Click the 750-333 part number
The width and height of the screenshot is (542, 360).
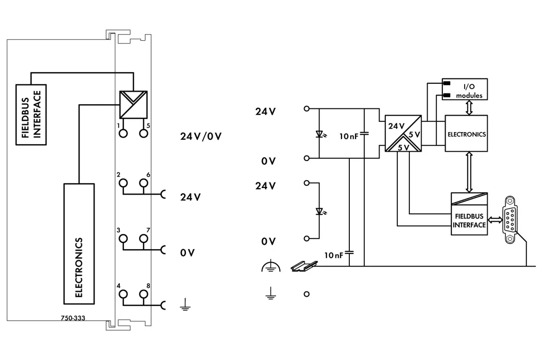[73, 318]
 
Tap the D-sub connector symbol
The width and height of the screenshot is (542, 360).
[510, 220]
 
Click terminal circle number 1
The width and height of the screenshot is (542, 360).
[123, 133]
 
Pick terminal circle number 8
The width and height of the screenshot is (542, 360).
[144, 294]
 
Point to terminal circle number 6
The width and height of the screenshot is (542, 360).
[144, 183]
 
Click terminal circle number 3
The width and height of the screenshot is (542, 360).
[123, 238]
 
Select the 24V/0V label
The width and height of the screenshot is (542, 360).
[201, 136]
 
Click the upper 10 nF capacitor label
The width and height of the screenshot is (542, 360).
[348, 136]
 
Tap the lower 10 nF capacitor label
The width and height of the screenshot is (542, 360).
[334, 255]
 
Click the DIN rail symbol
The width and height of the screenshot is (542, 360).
[304, 266]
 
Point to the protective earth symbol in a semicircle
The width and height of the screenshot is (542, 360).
[271, 266]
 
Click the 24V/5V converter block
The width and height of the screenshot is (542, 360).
[403, 133]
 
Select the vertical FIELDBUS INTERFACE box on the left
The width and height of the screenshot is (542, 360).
[31, 115]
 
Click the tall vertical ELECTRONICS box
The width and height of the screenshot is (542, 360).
[79, 244]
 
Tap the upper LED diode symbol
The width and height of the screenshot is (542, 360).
[320, 134]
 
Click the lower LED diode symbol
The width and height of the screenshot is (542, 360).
[320, 212]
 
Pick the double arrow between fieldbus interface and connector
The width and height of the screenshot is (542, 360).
[495, 220]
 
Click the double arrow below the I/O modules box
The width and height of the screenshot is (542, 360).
[469, 108]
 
